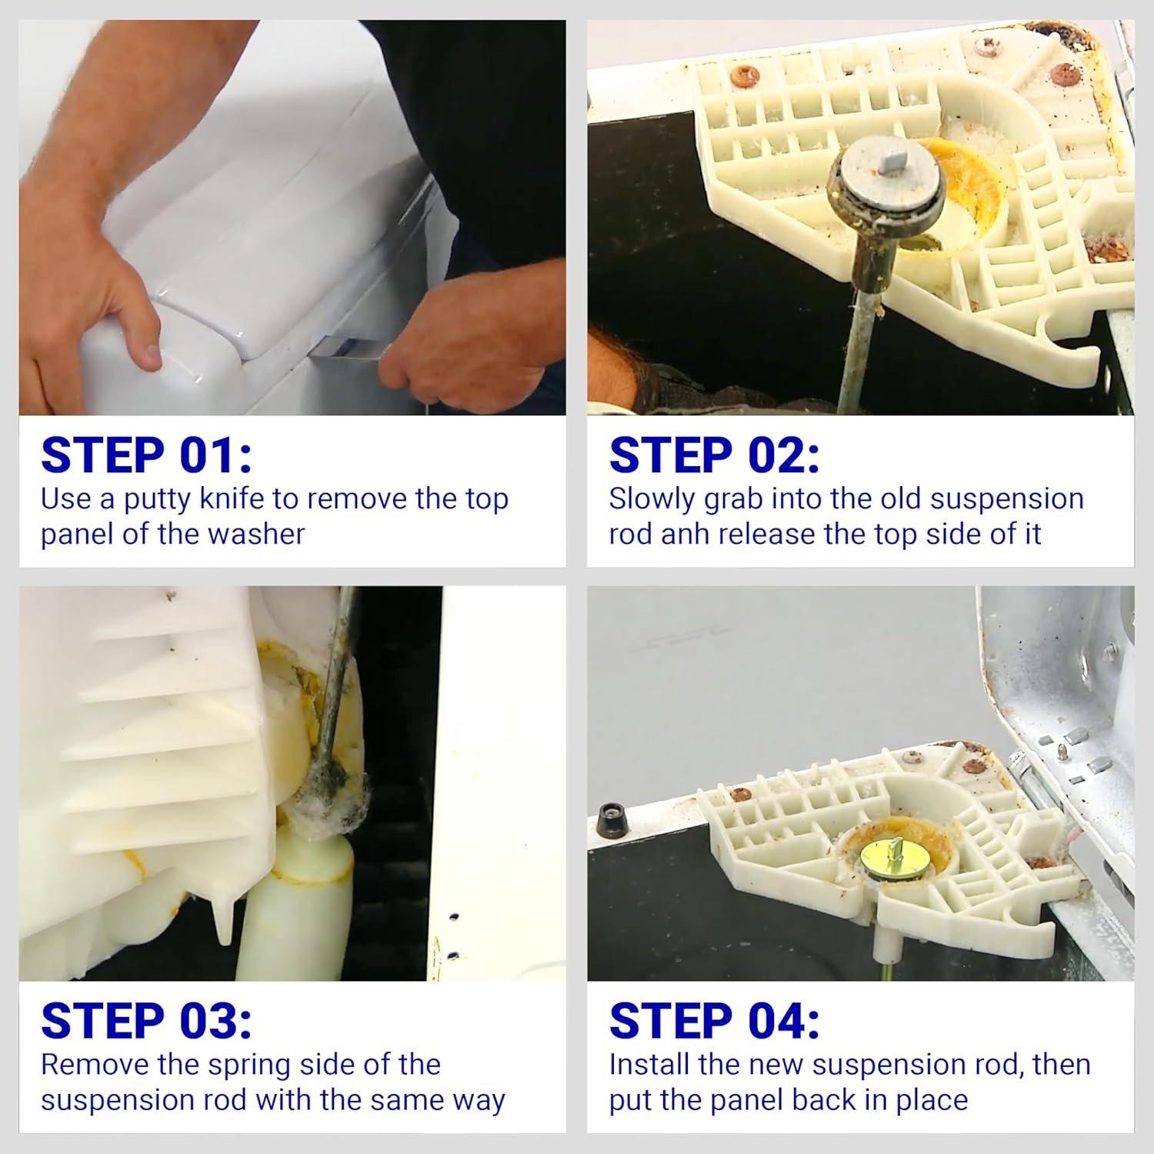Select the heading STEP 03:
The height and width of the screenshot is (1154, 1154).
[x=146, y=1021]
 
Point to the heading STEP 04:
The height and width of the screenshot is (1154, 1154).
[x=714, y=1021]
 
